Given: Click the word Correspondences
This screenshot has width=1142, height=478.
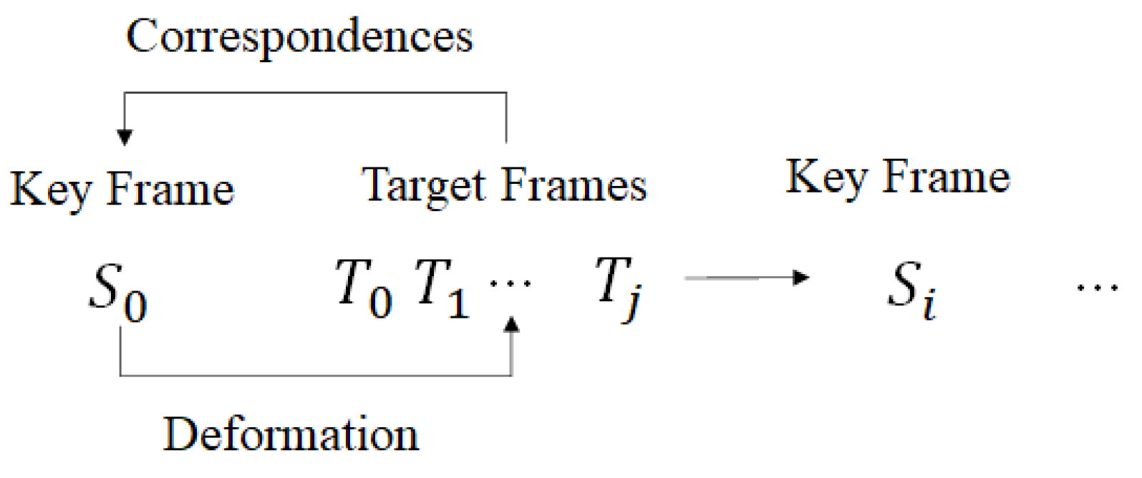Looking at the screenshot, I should click(x=299, y=36).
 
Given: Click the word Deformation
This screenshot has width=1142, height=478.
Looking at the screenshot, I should click(x=291, y=434).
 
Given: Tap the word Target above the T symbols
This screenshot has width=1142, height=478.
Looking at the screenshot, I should click(x=425, y=186).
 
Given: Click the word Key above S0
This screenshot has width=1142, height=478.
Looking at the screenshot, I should click(x=51, y=190).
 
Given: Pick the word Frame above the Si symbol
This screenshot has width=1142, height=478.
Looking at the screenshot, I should click(x=946, y=177).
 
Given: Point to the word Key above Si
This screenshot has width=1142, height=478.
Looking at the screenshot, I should click(x=827, y=177).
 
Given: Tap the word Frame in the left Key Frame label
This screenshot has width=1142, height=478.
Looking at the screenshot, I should click(x=170, y=190).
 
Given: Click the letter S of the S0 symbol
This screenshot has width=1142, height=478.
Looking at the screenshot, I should click(x=105, y=286).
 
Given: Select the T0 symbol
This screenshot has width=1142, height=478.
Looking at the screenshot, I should click(x=364, y=288).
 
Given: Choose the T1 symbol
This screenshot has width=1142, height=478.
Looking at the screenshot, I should click(x=442, y=288).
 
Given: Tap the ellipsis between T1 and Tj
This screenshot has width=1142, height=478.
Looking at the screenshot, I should click(x=510, y=284).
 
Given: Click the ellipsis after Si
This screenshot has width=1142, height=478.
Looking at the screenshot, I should click(x=1097, y=288).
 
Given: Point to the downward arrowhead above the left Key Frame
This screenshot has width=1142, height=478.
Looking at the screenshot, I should click(x=125, y=137).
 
